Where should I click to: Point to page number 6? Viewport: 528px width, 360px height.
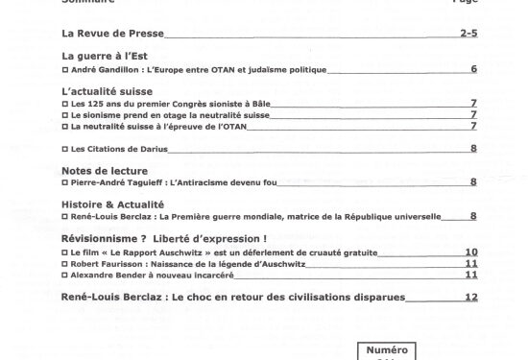coord(474,70)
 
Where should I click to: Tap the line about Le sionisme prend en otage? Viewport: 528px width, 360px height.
coord(170,113)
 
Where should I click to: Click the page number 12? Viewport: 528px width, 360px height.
coord(470,298)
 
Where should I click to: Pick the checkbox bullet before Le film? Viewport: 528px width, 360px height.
coord(64,252)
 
